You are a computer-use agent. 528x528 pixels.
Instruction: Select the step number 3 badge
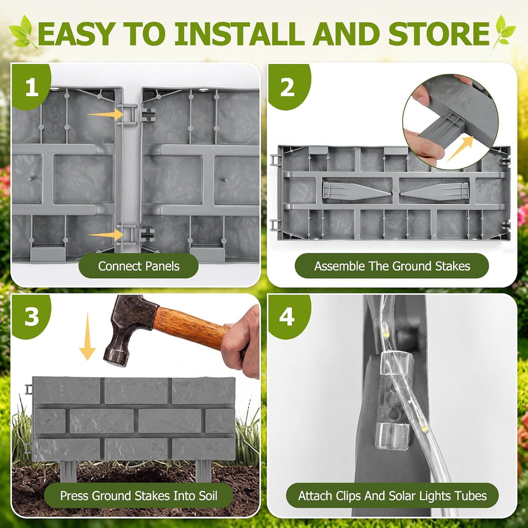(31, 316)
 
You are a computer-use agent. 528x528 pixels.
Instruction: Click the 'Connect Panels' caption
(138, 266)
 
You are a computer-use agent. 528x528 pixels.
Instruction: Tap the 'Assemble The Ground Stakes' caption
(392, 266)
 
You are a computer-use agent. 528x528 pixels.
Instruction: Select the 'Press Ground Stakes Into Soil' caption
(138, 495)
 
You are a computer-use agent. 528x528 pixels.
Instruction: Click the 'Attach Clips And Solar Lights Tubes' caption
(392, 495)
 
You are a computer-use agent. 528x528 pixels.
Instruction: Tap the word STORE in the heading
(439, 34)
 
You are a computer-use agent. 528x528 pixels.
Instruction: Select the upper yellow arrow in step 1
(106, 115)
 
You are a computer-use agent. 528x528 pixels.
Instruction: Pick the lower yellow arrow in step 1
(106, 235)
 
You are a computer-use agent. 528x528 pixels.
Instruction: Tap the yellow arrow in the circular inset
(460, 148)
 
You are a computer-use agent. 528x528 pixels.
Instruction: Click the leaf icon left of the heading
(23, 32)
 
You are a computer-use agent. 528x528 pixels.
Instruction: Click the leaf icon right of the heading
(504, 32)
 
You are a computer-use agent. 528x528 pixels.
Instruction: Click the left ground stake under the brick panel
(68, 471)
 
